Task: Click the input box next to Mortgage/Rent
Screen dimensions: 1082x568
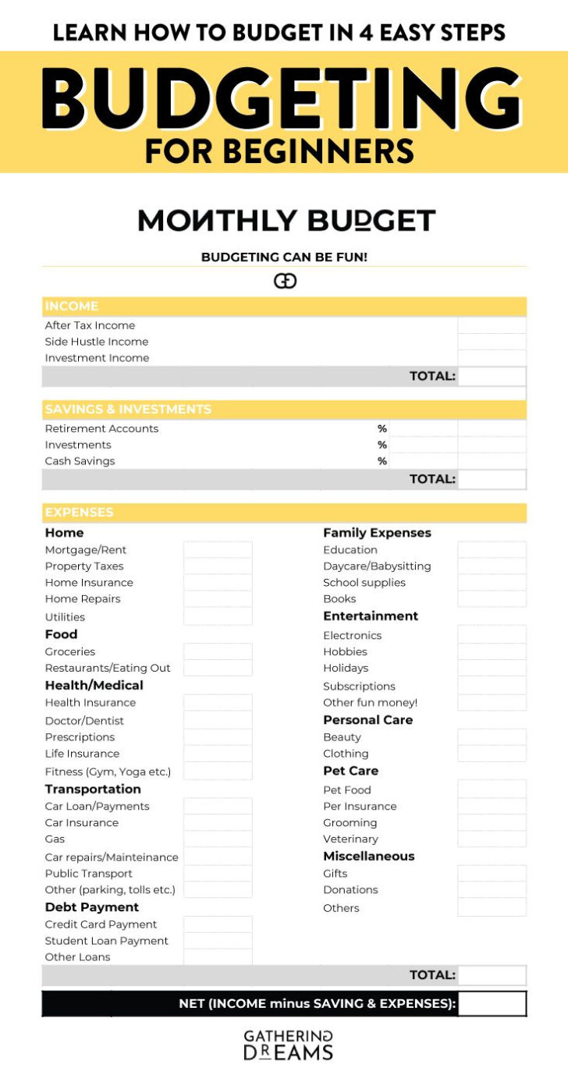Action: (x=218, y=550)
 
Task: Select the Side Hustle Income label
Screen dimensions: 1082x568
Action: (x=96, y=342)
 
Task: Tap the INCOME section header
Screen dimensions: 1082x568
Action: (x=72, y=307)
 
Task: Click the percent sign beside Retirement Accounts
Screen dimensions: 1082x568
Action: (x=382, y=428)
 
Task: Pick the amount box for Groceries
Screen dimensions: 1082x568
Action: (x=218, y=651)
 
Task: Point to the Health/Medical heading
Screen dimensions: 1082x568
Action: (x=94, y=685)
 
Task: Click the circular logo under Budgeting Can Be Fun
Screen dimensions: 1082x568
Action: (x=285, y=281)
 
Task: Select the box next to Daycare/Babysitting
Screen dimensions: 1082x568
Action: (x=492, y=566)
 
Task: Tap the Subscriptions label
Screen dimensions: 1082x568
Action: (x=359, y=686)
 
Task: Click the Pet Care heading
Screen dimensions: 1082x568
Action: (x=350, y=771)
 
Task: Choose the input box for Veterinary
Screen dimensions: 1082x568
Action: (x=492, y=839)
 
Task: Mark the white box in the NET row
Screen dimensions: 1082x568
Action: (x=492, y=1004)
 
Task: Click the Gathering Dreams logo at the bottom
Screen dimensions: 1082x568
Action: (x=288, y=1045)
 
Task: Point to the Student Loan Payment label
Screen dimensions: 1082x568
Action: (x=106, y=941)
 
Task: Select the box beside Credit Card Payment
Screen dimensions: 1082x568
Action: (x=218, y=924)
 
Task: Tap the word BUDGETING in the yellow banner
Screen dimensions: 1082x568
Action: (x=282, y=100)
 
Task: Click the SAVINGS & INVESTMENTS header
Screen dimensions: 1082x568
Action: (x=128, y=410)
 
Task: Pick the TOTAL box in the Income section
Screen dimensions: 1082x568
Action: (x=492, y=376)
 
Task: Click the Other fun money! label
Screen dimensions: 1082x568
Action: (x=370, y=703)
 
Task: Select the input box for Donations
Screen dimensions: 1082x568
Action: (x=492, y=890)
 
